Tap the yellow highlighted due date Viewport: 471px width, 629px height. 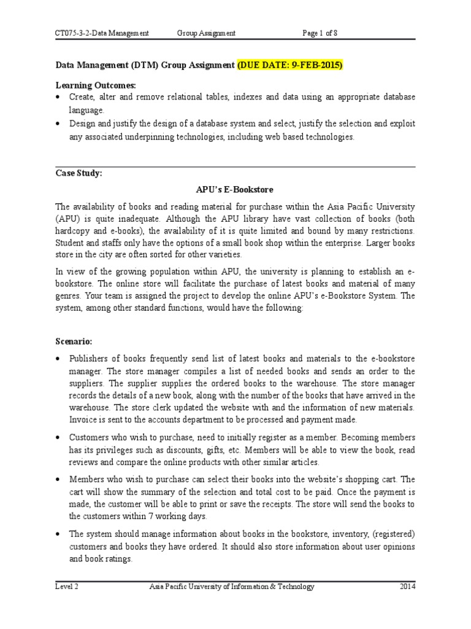tap(290, 64)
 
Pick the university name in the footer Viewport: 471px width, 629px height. tap(232, 587)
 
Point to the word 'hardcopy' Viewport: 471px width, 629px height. tap(72, 231)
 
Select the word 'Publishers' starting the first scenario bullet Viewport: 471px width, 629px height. tap(90, 359)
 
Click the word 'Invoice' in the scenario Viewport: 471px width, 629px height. tap(83, 419)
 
